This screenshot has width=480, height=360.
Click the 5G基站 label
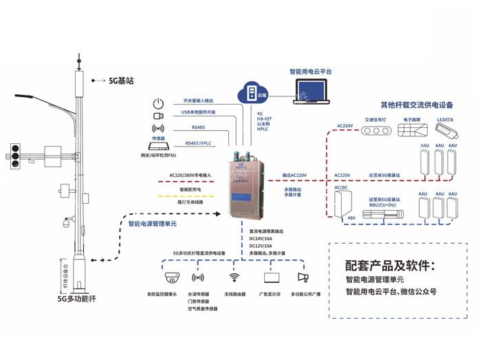[121, 80]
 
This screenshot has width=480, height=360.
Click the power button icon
[158, 103]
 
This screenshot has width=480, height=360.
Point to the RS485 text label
[198, 127]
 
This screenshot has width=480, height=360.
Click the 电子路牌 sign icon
[412, 131]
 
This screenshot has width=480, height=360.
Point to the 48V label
[351, 218]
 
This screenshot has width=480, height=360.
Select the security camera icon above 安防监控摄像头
[171, 278]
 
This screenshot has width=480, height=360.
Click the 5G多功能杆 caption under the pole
[76, 299]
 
